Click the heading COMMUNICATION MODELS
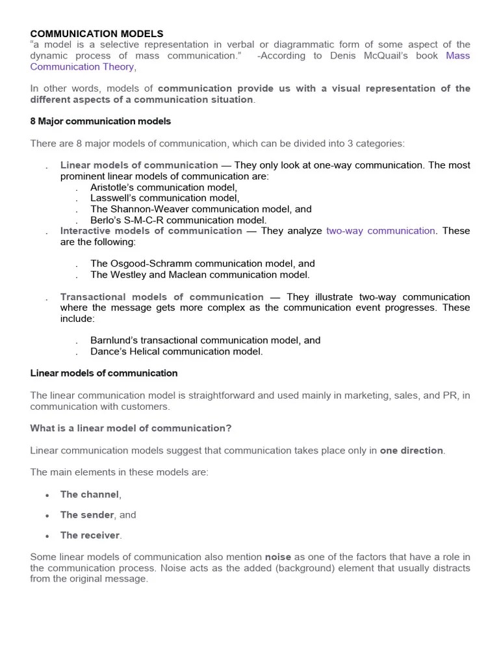pyautogui.click(x=97, y=33)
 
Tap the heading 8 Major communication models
pyautogui.click(x=101, y=121)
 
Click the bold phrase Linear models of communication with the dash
pyautogui.click(x=139, y=165)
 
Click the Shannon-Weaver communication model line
pyautogui.click(x=201, y=209)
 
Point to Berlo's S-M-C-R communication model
pyautogui.click(x=179, y=220)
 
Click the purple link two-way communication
pyautogui.click(x=381, y=231)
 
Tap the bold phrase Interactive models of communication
pyautogui.click(x=151, y=231)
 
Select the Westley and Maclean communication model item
pyautogui.click(x=200, y=274)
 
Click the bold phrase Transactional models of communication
pyautogui.click(x=162, y=297)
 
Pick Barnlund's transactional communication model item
pyautogui.click(x=205, y=340)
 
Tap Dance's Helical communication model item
pyautogui.click(x=177, y=351)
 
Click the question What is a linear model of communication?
pyautogui.click(x=131, y=428)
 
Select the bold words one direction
pyautogui.click(x=412, y=451)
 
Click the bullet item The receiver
pyautogui.click(x=90, y=535)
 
